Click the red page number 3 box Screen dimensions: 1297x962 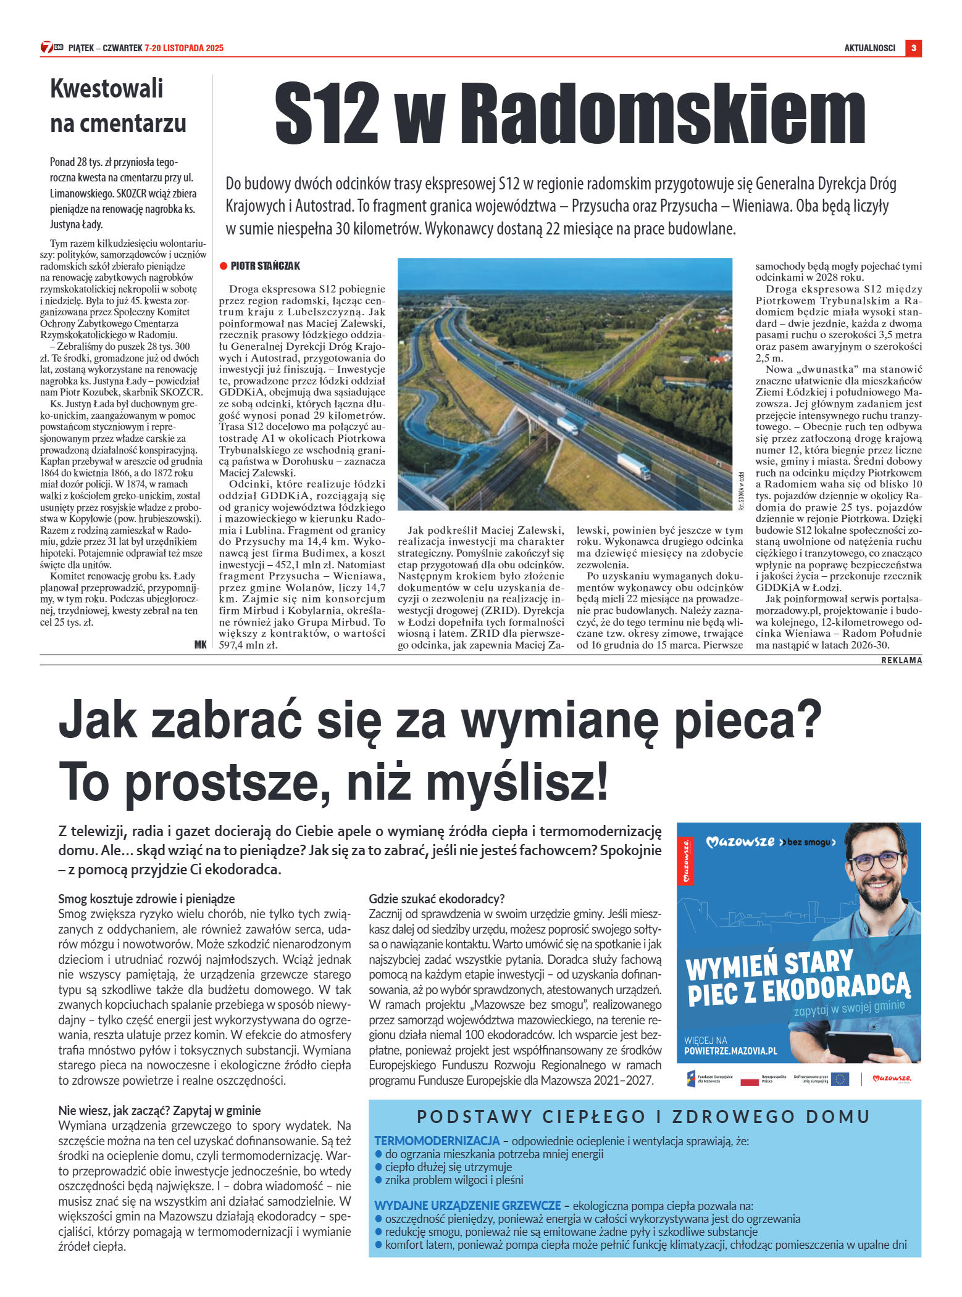click(913, 48)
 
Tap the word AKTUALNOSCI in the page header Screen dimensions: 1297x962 click(869, 48)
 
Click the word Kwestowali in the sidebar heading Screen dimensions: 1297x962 click(107, 89)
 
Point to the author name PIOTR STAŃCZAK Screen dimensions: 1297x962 click(266, 266)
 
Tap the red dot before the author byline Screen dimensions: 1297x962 click(224, 266)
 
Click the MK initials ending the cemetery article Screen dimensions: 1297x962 click(200, 644)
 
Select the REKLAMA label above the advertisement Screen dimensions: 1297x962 click(901, 660)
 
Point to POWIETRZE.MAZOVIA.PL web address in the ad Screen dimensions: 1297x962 click(730, 1051)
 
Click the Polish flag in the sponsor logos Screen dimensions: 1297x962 click(749, 1079)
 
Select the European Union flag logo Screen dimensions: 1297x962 click(840, 1079)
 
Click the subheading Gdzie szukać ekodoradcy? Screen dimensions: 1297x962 click(437, 898)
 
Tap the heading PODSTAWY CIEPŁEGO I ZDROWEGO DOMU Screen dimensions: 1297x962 click(644, 1117)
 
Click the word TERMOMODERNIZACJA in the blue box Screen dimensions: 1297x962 click(437, 1141)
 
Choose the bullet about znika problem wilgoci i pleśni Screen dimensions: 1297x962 click(454, 1180)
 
